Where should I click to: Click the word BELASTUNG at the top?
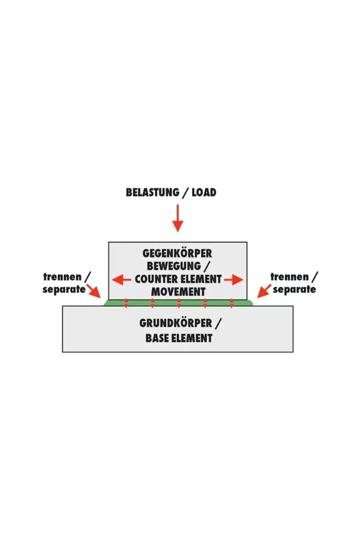(x=153, y=192)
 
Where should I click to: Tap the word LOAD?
(x=204, y=192)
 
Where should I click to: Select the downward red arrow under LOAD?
(x=178, y=219)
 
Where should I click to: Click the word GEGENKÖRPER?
(x=177, y=253)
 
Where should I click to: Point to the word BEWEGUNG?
(x=174, y=266)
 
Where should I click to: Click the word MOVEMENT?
(x=178, y=292)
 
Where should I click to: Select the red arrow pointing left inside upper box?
(x=122, y=280)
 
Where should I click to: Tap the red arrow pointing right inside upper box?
(x=234, y=280)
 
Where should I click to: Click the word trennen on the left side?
(x=62, y=277)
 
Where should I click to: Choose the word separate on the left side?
(x=64, y=289)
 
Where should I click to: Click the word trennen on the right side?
(x=289, y=277)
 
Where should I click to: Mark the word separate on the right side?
(x=294, y=289)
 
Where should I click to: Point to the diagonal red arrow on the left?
(x=94, y=291)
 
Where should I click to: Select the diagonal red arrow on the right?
(x=264, y=291)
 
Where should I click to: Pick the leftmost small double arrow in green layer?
(x=126, y=303)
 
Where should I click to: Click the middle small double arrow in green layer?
(x=179, y=303)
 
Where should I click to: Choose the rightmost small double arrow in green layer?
(x=231, y=303)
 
